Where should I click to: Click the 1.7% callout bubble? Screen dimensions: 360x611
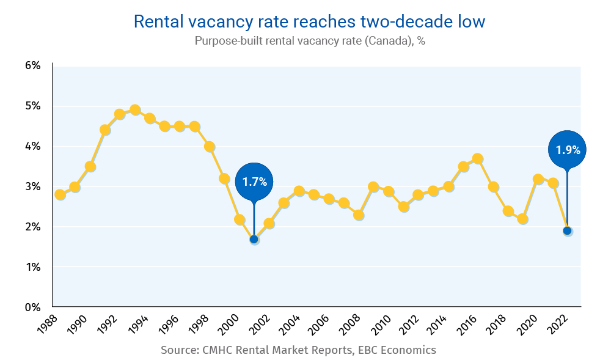254,182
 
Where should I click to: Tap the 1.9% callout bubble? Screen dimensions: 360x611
568,149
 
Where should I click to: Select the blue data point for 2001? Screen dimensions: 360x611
254,239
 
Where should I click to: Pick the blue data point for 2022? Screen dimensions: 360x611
568,230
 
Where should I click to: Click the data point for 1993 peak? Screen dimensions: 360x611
135,110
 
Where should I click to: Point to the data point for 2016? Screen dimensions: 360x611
478,159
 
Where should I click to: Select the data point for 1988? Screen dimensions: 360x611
60,194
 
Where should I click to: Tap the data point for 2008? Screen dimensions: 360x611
359,215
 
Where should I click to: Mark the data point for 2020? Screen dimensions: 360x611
538,179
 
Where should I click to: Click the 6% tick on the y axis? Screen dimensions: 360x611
32,65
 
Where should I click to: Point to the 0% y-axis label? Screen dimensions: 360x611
32,307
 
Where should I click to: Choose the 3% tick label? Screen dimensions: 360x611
32,186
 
